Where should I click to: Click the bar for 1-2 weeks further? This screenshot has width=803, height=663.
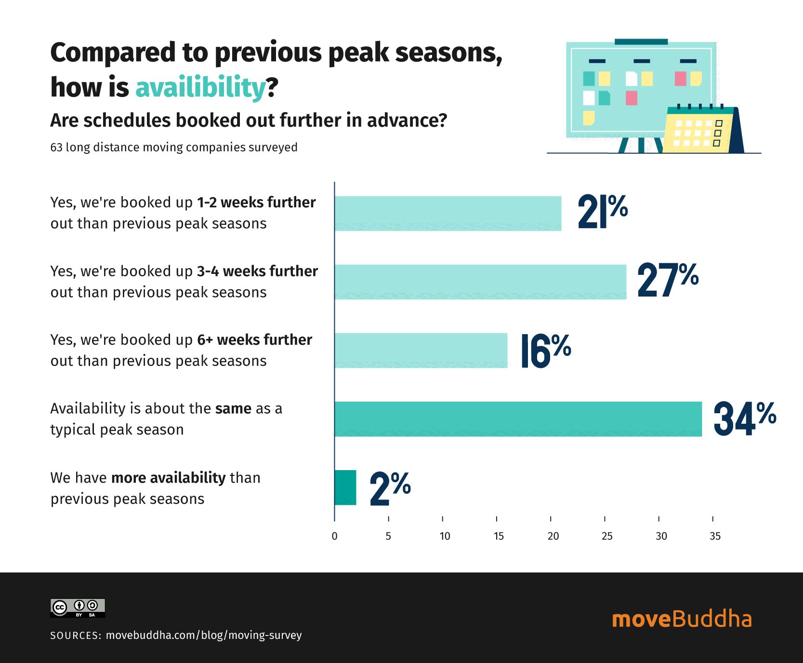[x=448, y=214]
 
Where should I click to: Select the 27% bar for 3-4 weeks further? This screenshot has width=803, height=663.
[x=480, y=282]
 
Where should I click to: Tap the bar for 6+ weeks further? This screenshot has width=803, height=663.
[x=421, y=351]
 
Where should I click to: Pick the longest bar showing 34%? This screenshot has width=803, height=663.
[x=518, y=419]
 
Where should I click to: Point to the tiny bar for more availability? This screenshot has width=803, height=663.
[x=345, y=487]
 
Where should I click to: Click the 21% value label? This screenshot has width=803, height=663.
[x=602, y=212]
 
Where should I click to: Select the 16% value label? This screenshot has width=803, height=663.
[x=545, y=351]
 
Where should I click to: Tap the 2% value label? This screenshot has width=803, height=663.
[x=390, y=488]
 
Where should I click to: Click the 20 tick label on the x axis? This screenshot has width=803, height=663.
[x=553, y=536]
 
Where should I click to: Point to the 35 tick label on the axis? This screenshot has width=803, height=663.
[x=715, y=536]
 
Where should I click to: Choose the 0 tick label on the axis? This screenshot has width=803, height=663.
[x=334, y=536]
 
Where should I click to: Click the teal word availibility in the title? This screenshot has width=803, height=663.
[x=200, y=88]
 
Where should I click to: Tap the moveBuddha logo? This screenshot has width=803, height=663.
[x=681, y=619]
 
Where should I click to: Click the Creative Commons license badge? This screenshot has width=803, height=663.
[x=78, y=608]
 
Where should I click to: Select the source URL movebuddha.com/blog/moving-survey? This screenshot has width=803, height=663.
[x=203, y=635]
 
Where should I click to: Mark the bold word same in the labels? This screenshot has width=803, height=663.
[x=233, y=409]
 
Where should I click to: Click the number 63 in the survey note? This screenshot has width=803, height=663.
[x=56, y=148]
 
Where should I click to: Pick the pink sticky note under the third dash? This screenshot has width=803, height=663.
[x=680, y=79]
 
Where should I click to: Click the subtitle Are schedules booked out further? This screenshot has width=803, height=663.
[x=249, y=121]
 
